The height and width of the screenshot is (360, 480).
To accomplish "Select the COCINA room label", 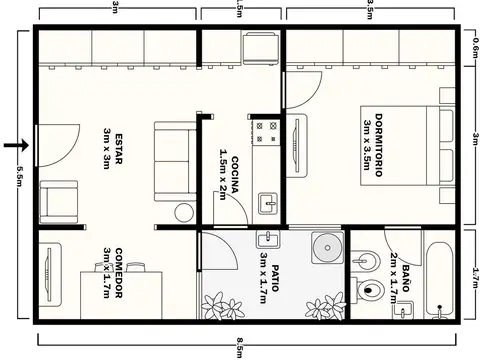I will pos(229,179).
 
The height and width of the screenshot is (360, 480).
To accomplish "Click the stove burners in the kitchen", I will pos(266,128).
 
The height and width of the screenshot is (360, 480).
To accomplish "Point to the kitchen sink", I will pos(267,204).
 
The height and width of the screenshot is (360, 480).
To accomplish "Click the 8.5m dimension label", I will pos(241,349).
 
